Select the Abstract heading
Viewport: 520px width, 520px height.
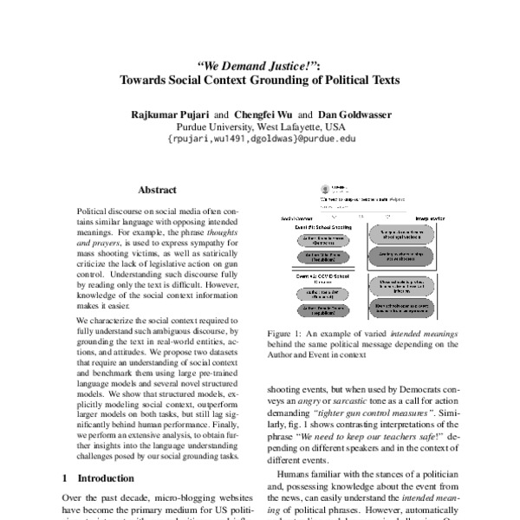pyautogui.click(x=156, y=190)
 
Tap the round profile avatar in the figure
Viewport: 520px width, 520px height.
pyautogui.click(x=324, y=189)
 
